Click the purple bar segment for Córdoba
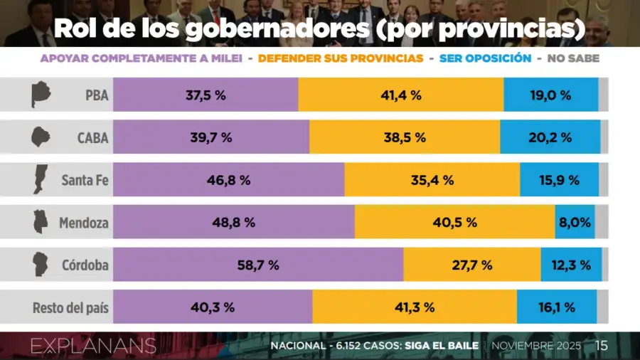click(257, 265)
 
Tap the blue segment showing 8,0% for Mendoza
click(575, 222)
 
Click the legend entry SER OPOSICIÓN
click(486, 58)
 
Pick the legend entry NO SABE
click(573, 58)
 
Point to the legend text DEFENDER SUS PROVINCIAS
click(341, 58)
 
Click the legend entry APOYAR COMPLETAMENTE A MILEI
click(141, 58)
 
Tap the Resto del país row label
click(70, 308)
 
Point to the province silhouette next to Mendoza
click(40, 222)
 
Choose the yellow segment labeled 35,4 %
click(432, 180)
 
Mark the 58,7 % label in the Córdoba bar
click(257, 265)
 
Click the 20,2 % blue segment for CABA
click(550, 137)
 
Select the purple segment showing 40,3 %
click(212, 307)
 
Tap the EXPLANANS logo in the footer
click(93, 346)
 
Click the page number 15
click(602, 346)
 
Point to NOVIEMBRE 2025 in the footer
click(536, 346)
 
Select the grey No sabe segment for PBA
click(604, 95)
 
